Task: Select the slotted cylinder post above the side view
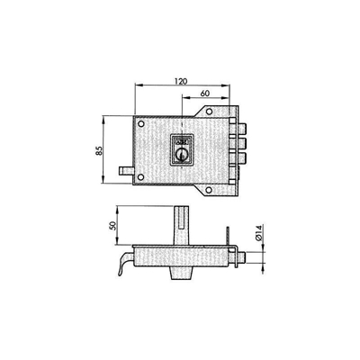[x=183, y=226]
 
